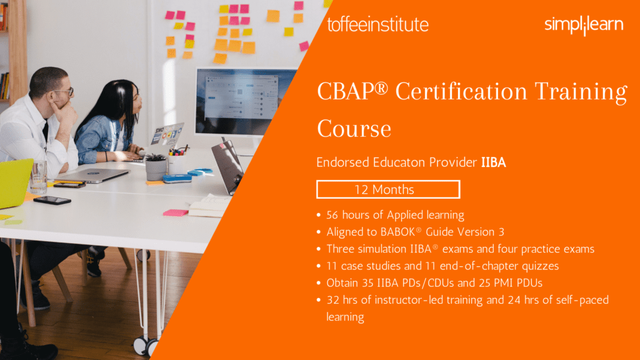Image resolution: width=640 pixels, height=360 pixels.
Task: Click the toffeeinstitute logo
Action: coord(377,24)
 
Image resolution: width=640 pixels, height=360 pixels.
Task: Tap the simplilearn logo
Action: coord(584,25)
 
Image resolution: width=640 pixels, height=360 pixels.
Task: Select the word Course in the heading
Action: coord(354,129)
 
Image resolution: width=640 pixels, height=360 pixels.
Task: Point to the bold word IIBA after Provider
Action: coord(494,162)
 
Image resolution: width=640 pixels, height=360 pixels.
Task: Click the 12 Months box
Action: coord(388,189)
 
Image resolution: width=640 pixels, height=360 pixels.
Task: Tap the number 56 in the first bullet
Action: coord(332,215)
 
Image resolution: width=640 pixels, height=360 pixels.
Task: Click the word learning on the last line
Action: coord(345,317)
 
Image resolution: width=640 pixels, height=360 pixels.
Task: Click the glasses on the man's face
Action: coord(65,91)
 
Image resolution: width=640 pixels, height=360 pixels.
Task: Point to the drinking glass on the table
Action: coord(38,177)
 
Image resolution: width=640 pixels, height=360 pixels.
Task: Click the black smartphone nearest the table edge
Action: coord(52,200)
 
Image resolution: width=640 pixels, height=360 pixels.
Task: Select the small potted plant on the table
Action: coord(156,166)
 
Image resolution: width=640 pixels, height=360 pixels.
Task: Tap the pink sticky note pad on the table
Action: coord(176,212)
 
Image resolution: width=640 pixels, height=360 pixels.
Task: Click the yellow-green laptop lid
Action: coord(15,183)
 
